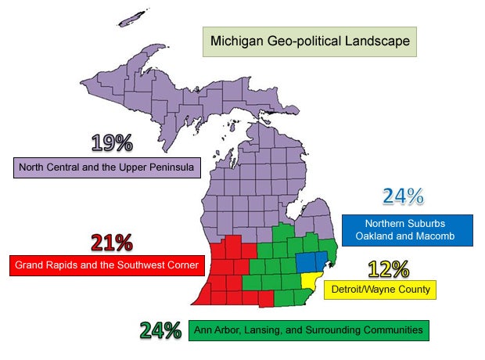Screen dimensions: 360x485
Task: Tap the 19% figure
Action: coord(112,143)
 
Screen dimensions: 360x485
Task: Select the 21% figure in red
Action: coord(111,243)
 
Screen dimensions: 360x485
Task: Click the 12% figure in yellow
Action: coord(389,269)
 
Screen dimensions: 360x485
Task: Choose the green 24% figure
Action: coord(160,329)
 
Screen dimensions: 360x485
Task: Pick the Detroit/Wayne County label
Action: coord(378,290)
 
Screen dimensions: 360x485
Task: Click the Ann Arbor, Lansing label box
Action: coord(308,331)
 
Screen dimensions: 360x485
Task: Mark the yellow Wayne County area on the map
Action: coord(312,283)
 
